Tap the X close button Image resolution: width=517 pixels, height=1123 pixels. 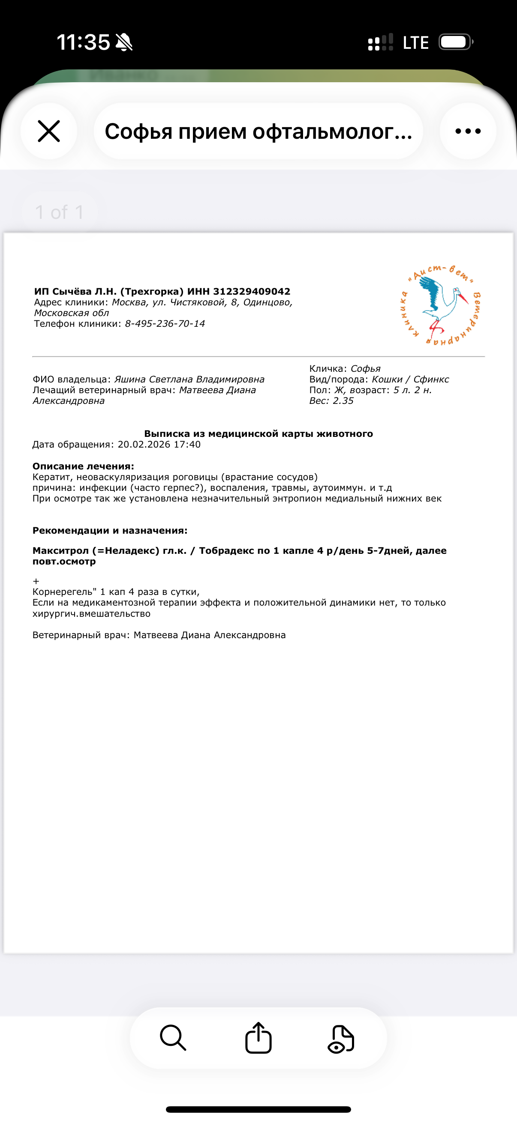[48, 131]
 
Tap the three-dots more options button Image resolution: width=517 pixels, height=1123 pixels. [468, 131]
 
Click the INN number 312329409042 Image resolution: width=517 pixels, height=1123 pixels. [251, 291]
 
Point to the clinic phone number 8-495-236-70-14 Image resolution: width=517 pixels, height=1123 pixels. [165, 323]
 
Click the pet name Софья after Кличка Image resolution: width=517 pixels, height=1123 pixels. [365, 369]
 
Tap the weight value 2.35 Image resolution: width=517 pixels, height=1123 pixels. [343, 400]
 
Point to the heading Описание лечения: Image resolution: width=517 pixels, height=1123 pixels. [83, 466]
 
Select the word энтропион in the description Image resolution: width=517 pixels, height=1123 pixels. [301, 498]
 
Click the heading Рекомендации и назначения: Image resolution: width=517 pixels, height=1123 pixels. [110, 531]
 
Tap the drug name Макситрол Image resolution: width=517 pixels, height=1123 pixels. [60, 551]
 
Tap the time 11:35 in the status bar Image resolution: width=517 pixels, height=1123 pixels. [83, 42]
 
